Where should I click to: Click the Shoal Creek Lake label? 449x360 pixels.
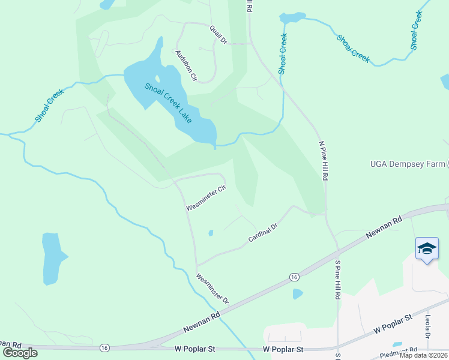click(x=169, y=103)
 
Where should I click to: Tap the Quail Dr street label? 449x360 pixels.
click(x=218, y=34)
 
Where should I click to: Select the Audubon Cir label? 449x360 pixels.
click(x=186, y=65)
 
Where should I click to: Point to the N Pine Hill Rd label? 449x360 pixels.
click(x=323, y=161)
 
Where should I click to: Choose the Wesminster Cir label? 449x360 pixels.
click(x=205, y=198)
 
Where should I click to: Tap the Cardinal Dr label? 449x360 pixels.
click(x=263, y=234)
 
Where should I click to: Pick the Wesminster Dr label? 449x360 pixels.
click(x=212, y=288)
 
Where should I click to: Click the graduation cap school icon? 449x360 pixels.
click(x=426, y=249)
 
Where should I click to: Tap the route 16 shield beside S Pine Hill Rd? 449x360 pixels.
click(x=294, y=276)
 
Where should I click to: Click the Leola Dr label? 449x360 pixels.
click(x=429, y=326)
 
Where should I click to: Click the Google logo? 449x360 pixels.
click(x=20, y=352)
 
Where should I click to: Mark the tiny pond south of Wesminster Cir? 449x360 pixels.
click(x=210, y=233)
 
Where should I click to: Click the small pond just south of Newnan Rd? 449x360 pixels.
click(x=298, y=294)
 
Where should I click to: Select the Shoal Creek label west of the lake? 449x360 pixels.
click(x=49, y=106)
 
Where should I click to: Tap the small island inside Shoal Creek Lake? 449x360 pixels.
click(x=157, y=79)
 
